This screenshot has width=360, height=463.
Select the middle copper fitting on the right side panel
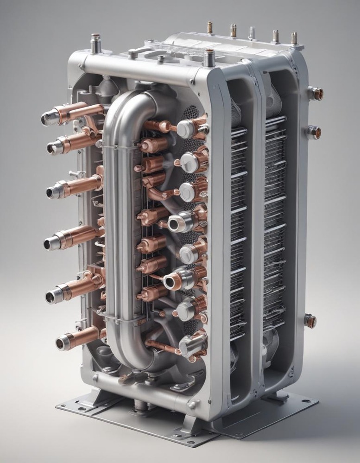pyautogui.click(x=313, y=132)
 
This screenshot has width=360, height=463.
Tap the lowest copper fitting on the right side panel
pyautogui.click(x=309, y=320)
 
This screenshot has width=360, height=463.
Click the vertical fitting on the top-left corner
pyautogui.click(x=96, y=44)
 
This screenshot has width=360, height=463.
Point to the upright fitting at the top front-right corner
pyautogui.click(x=209, y=57)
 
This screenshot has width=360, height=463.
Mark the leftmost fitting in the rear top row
pyautogui.click(x=209, y=27)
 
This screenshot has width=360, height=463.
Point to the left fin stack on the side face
pyautogui.click(x=239, y=227)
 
